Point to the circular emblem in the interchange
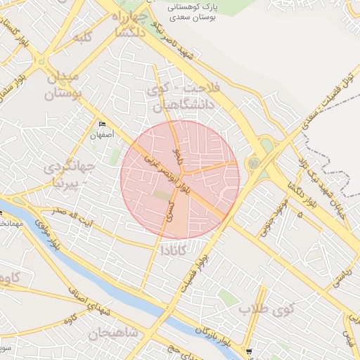[252, 163]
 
